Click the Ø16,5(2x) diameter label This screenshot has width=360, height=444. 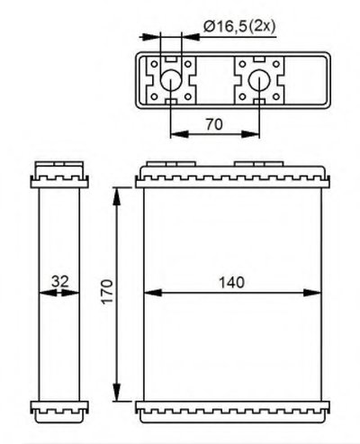tap(239, 27)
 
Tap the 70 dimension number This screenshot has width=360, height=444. tap(214, 124)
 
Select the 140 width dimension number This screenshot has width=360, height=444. tap(231, 283)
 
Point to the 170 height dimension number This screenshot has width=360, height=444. tap(107, 292)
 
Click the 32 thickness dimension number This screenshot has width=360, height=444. tap(60, 281)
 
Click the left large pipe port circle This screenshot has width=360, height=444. tap(171, 80)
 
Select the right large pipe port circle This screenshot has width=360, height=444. tap(259, 80)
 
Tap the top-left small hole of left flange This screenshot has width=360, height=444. tap(154, 64)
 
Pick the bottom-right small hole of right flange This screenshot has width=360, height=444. tap(276, 96)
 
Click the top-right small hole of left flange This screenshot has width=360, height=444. tap(188, 64)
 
